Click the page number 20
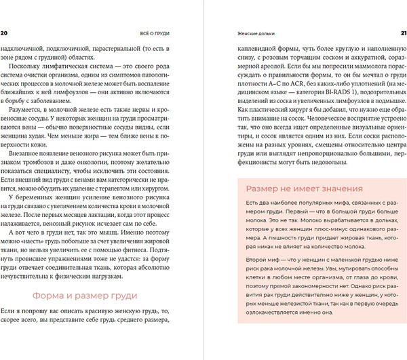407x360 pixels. coord(5,32)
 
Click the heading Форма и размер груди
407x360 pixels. coord(85,296)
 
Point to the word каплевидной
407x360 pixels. coord(246,49)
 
